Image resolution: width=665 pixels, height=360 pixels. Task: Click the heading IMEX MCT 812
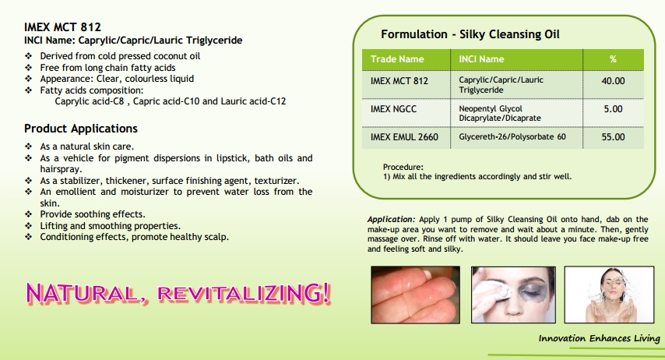pyautogui.click(x=62, y=27)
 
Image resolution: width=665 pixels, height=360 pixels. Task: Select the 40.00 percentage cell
pyautogui.click(x=614, y=84)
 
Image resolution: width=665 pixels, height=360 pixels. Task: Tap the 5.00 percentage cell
pyautogui.click(x=614, y=113)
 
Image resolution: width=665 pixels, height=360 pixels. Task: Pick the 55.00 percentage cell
pyautogui.click(x=614, y=138)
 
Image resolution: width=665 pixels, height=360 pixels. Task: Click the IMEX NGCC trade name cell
pyautogui.click(x=406, y=113)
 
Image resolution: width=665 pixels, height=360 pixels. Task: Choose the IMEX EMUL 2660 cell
pyautogui.click(x=406, y=138)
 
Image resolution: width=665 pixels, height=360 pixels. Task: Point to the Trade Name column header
pyautogui.click(x=406, y=59)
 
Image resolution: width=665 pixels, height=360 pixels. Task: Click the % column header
pyautogui.click(x=614, y=59)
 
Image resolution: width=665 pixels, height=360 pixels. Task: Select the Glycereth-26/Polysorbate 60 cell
pyautogui.click(x=516, y=138)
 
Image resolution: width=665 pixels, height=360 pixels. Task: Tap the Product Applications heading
pyautogui.click(x=81, y=129)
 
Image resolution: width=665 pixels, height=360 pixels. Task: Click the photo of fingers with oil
pyautogui.click(x=415, y=295)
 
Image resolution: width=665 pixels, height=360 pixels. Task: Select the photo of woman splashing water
pyautogui.click(x=609, y=295)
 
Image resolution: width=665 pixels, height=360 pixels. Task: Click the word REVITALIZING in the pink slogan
pyautogui.click(x=244, y=293)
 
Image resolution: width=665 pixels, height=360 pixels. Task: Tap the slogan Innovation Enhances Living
pyautogui.click(x=600, y=338)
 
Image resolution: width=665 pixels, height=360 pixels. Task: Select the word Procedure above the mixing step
pyautogui.click(x=403, y=168)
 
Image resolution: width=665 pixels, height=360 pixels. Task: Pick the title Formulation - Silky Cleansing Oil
pyautogui.click(x=470, y=34)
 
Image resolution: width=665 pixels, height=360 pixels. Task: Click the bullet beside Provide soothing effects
pyautogui.click(x=28, y=214)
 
